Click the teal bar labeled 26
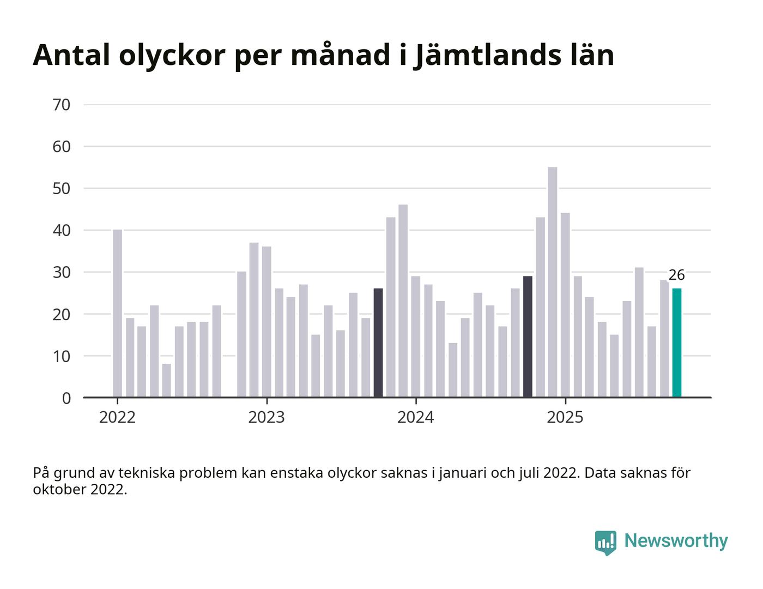click(676, 342)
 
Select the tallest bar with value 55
click(552, 282)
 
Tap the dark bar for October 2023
click(378, 342)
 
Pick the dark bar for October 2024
click(528, 336)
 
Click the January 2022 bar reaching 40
click(117, 314)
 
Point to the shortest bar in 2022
click(166, 380)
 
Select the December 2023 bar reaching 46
click(403, 301)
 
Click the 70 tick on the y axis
click(62, 105)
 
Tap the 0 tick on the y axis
click(66, 398)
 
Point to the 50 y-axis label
click(62, 189)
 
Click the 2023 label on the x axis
click(266, 418)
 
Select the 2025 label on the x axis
click(565, 418)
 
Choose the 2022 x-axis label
click(117, 418)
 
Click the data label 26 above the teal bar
click(676, 275)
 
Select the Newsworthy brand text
click(676, 541)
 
